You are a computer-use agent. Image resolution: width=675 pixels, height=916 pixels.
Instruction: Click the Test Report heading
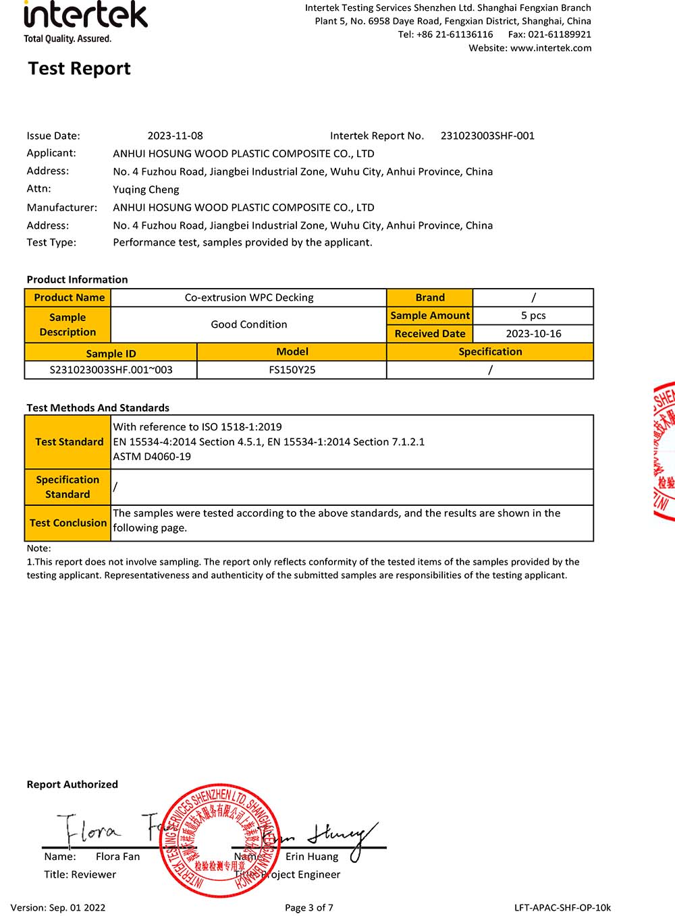point(79,69)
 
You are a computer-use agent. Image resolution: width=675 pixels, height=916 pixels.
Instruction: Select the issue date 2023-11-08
point(175,136)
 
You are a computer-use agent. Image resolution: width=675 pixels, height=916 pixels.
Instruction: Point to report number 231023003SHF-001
point(487,136)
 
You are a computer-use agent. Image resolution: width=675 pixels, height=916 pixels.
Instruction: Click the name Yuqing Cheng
point(146,190)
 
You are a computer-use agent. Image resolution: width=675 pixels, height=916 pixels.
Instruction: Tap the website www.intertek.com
point(551,48)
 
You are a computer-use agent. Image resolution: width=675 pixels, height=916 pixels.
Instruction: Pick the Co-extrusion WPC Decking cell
point(249,297)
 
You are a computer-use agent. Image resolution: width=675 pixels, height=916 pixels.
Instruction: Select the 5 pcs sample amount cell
point(533,316)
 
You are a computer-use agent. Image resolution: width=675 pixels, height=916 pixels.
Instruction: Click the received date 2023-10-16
point(533,334)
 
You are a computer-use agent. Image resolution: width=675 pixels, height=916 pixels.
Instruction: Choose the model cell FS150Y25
point(292,370)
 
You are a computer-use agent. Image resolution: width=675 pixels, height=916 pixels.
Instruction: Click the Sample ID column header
point(111,353)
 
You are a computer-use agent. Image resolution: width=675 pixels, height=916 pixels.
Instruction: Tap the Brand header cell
point(430,297)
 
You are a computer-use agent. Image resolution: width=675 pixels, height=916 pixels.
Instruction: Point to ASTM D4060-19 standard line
point(152,457)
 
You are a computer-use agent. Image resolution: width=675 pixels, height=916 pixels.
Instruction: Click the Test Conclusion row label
point(68,523)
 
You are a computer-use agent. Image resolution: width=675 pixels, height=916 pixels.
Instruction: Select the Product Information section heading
point(77,279)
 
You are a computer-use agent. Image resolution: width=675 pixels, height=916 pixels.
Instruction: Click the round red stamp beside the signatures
point(219,840)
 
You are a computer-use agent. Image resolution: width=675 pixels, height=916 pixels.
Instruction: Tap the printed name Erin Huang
point(312,857)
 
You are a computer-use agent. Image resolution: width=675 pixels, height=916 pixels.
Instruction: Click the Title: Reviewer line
point(80,874)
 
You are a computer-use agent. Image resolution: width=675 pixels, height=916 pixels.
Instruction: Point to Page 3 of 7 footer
point(309,907)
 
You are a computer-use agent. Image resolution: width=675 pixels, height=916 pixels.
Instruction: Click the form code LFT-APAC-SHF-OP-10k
point(562,907)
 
